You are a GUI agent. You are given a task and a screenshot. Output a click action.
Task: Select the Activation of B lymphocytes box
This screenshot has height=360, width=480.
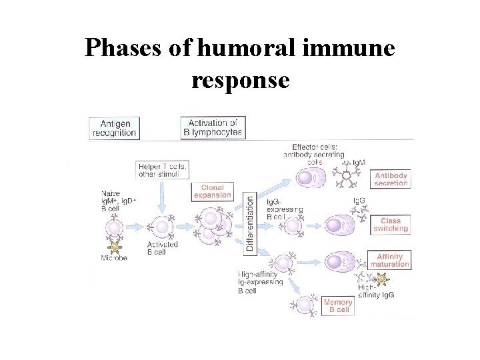point(212,127)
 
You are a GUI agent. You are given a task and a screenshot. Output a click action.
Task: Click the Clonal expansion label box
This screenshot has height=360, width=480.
point(213,192)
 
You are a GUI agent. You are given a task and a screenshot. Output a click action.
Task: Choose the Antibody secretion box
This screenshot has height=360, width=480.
point(391,179)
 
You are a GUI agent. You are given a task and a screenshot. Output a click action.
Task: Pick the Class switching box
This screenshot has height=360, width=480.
point(390,224)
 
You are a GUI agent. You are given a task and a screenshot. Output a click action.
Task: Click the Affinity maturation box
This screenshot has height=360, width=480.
point(389,261)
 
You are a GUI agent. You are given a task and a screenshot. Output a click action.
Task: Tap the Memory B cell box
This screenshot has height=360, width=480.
point(337,306)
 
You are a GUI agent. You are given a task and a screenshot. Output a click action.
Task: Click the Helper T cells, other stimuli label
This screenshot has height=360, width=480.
point(163,170)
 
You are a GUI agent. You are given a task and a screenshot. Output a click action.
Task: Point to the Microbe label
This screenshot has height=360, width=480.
point(114,257)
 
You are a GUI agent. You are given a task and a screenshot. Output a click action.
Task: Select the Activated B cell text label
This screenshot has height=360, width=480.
point(163,249)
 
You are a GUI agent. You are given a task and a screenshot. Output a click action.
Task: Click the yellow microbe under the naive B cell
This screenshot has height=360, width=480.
point(115,247)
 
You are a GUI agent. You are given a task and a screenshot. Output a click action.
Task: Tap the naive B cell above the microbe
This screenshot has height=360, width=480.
point(114,229)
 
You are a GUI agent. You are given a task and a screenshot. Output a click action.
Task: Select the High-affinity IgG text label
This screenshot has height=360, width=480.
point(375,291)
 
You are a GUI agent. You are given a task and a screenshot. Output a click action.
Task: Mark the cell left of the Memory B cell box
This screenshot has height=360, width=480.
point(305,306)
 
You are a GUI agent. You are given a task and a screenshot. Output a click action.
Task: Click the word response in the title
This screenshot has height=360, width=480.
point(240,79)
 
